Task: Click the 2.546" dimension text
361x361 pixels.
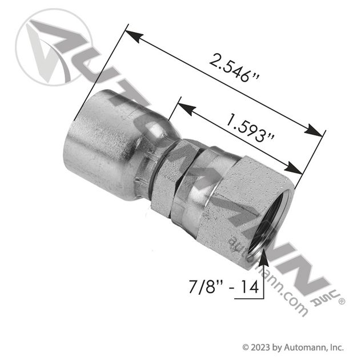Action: click(234, 68)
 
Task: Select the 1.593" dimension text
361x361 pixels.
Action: click(250, 129)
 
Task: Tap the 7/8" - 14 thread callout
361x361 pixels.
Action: click(224, 287)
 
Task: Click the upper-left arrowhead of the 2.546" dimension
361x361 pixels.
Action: click(134, 36)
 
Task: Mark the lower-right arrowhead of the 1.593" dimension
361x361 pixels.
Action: click(292, 167)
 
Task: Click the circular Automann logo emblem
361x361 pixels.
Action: click(54, 47)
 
